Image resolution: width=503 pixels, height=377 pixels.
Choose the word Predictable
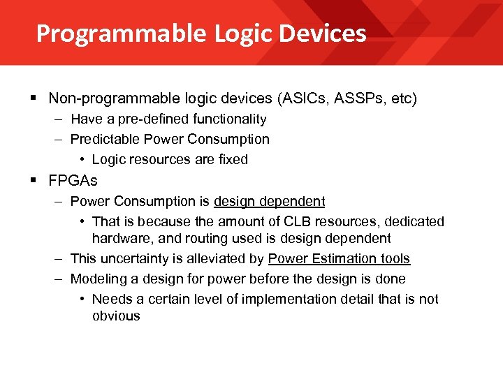(x=103, y=140)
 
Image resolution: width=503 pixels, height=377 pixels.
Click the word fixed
(x=233, y=160)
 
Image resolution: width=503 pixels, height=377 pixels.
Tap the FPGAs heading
(x=73, y=181)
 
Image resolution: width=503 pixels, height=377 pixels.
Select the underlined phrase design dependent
(x=269, y=202)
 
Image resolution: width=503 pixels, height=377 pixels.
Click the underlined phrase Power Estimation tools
(x=339, y=259)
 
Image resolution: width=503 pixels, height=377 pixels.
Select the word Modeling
(x=96, y=279)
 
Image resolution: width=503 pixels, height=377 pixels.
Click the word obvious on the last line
(x=116, y=316)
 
